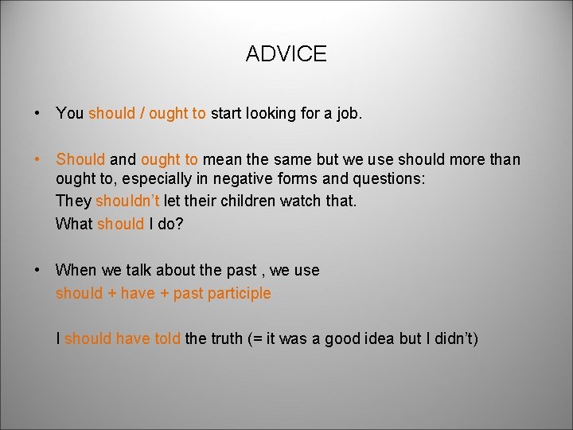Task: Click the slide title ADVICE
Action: (x=286, y=54)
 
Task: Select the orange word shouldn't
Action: (x=127, y=201)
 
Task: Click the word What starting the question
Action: (x=74, y=224)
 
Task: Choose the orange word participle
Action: (x=238, y=293)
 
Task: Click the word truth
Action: (x=232, y=339)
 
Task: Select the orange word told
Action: (x=167, y=339)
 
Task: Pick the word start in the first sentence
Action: (x=227, y=113)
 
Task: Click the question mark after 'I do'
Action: (x=180, y=224)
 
